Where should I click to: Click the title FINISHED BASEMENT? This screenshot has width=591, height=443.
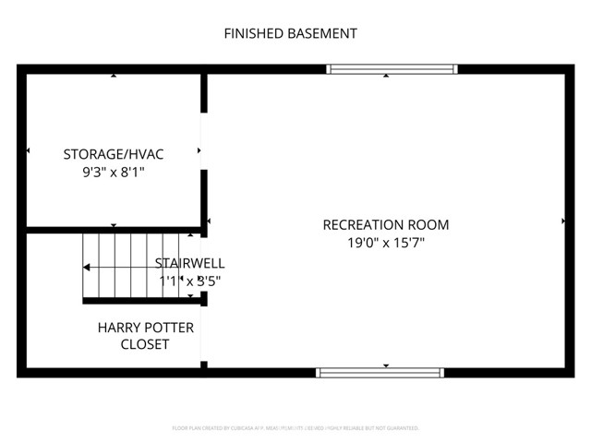click(291, 34)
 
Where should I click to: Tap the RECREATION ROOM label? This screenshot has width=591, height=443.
click(385, 224)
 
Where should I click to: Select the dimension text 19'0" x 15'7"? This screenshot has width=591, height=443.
click(385, 243)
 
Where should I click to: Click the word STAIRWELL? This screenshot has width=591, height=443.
click(189, 263)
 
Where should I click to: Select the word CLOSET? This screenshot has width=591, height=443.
click(145, 344)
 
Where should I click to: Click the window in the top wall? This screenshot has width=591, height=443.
click(392, 68)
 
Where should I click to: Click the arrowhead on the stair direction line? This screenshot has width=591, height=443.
click(86, 268)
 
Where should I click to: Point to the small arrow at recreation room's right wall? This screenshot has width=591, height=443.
click(563, 221)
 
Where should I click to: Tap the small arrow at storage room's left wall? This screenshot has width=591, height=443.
click(29, 150)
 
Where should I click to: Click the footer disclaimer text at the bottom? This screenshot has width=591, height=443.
click(295, 428)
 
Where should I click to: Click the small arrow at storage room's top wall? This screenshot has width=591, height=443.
click(114, 76)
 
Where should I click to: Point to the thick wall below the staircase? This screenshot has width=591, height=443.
click(139, 301)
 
